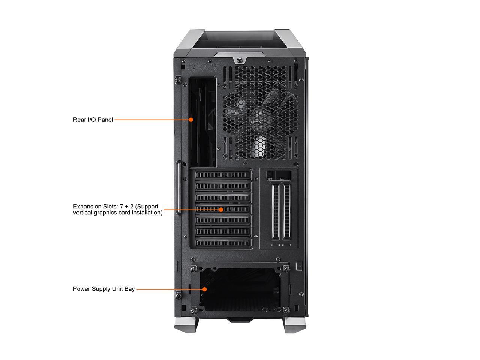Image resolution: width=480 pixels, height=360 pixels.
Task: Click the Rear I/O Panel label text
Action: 93,120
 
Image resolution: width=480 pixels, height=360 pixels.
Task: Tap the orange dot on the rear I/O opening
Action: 191,120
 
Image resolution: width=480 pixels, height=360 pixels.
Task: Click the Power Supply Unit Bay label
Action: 103,289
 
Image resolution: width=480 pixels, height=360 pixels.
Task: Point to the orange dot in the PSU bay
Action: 205,289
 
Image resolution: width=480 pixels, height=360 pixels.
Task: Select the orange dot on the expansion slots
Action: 221,210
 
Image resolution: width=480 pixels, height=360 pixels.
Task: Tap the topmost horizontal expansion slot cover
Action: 223,175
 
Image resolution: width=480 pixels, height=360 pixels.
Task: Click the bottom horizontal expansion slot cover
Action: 223,243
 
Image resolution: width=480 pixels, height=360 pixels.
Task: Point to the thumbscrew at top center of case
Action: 239,60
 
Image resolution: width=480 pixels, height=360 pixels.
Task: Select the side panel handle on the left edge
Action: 180,187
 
